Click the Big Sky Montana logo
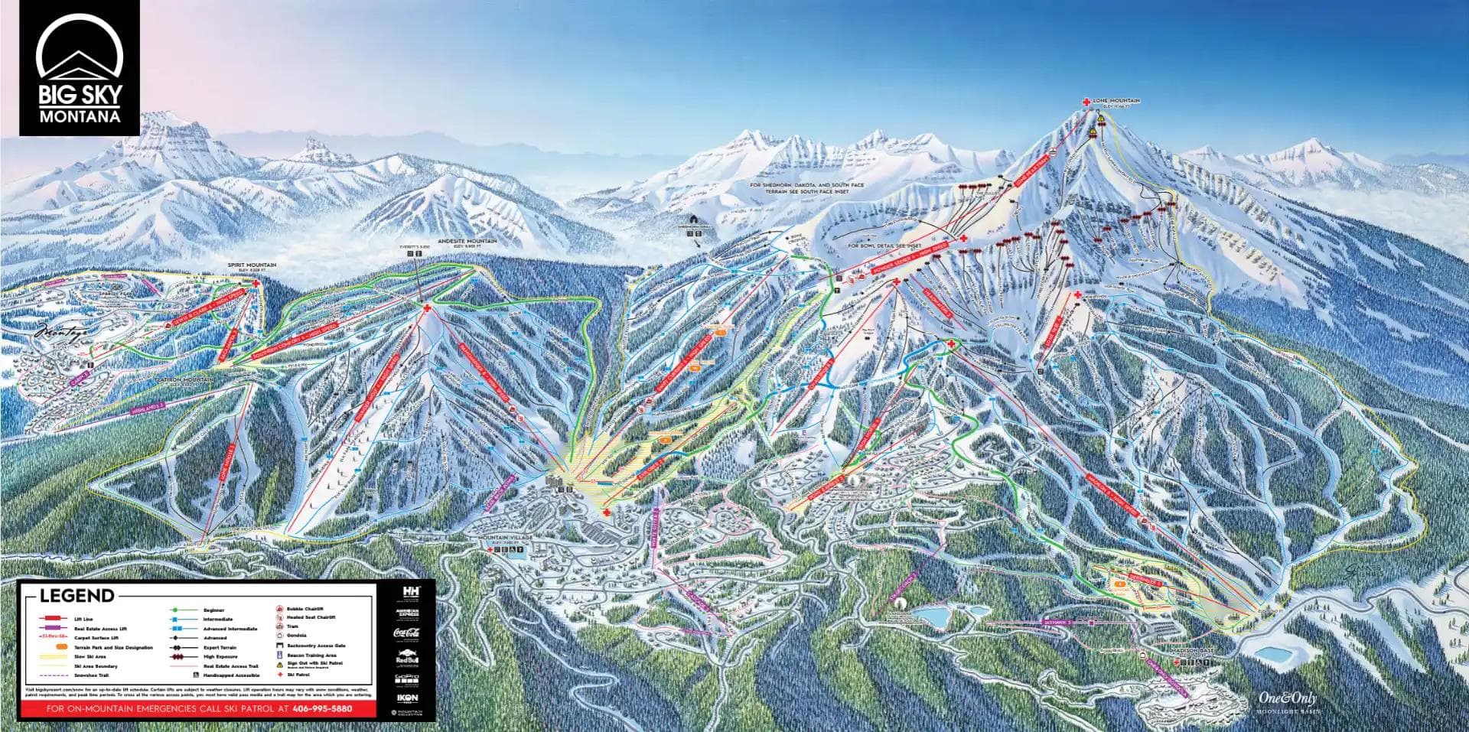[80, 69]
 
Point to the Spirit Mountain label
[252, 265]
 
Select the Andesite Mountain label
[467, 242]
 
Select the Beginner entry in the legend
[214, 610]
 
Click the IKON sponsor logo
[406, 698]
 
